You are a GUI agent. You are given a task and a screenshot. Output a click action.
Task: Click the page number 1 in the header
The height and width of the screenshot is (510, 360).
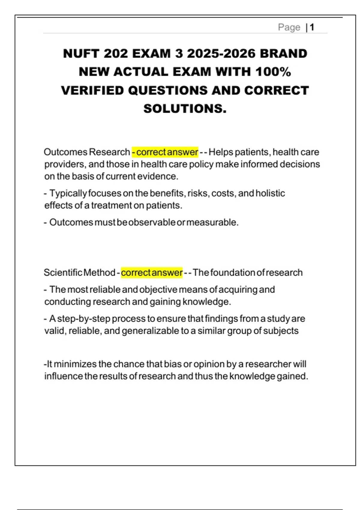click(312, 27)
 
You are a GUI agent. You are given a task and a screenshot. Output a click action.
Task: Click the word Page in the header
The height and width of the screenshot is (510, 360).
click(289, 27)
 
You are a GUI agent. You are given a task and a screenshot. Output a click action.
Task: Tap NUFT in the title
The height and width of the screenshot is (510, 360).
click(81, 54)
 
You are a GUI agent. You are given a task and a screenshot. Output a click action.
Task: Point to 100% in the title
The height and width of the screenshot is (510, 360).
click(273, 72)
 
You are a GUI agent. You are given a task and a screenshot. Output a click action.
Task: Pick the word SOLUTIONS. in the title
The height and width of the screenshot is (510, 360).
click(185, 109)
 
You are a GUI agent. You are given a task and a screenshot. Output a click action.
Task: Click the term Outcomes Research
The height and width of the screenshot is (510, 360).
click(87, 152)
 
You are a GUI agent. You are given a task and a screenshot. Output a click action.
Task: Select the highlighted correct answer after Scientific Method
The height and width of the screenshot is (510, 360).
click(152, 273)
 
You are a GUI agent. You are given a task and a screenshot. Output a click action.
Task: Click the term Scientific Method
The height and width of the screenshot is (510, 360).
click(79, 273)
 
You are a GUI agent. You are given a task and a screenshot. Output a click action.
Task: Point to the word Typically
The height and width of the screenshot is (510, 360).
click(68, 193)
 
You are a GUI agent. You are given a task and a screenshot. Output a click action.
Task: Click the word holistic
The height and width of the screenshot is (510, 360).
click(270, 193)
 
